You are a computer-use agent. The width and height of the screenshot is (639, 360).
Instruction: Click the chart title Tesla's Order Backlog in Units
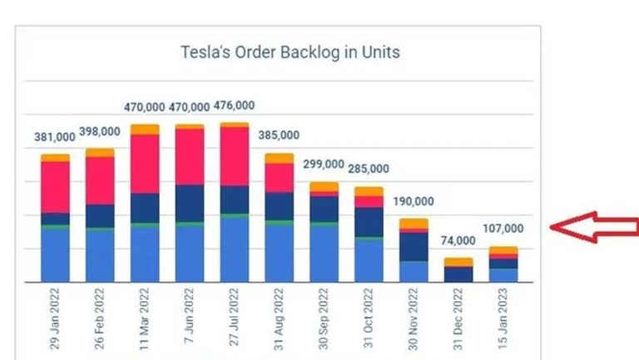[x=290, y=52]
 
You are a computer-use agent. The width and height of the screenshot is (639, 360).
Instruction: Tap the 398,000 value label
[x=100, y=132]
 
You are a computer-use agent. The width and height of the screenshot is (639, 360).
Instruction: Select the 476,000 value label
[x=234, y=106]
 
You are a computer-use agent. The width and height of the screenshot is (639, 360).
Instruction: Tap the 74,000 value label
[x=458, y=241]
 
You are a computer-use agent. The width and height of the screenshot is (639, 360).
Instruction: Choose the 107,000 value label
[x=503, y=229]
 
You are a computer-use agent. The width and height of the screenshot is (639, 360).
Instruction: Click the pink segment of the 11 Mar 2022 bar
[x=145, y=163]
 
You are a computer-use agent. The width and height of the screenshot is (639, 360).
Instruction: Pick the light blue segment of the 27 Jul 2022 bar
[x=234, y=249]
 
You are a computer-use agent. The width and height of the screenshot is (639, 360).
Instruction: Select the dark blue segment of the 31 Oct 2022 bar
[x=368, y=222]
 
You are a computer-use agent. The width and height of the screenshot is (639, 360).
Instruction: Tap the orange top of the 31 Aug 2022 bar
[x=279, y=158]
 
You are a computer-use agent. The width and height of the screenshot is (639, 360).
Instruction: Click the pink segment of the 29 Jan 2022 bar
[x=55, y=186]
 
